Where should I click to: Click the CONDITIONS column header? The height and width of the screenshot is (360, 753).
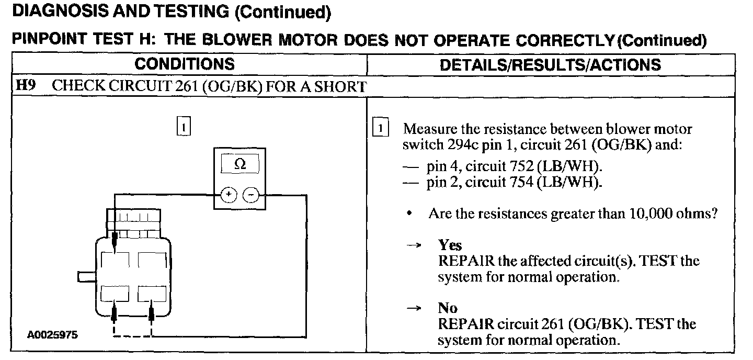click(x=184, y=64)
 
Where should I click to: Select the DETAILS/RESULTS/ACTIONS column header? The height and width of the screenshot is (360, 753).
click(x=550, y=65)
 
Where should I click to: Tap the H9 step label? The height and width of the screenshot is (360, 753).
click(x=26, y=86)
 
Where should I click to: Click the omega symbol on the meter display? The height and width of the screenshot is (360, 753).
click(x=240, y=164)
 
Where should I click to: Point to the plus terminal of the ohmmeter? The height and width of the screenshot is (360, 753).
click(x=229, y=195)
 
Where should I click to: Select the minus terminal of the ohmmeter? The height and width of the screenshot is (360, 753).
click(x=252, y=195)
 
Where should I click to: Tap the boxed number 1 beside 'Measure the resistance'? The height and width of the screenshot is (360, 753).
click(x=381, y=129)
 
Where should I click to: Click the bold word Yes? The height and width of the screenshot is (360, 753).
click(x=450, y=245)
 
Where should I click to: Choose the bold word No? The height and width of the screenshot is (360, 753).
click(x=448, y=308)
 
